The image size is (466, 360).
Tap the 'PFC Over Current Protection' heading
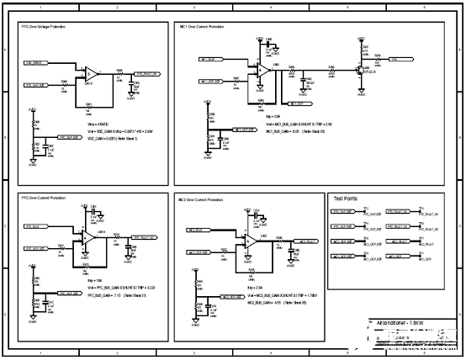pyautogui.click(x=44, y=198)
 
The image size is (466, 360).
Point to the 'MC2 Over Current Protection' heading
pyautogui.click(x=200, y=200)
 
